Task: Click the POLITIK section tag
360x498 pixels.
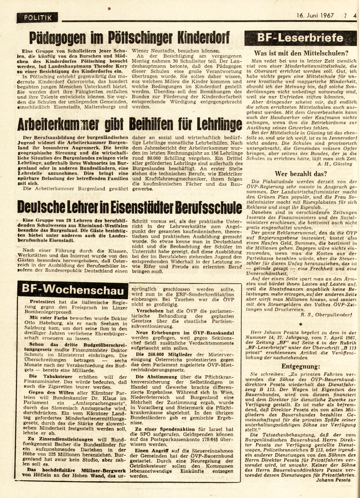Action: (38, 17)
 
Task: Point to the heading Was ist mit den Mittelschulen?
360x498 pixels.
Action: (301, 53)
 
